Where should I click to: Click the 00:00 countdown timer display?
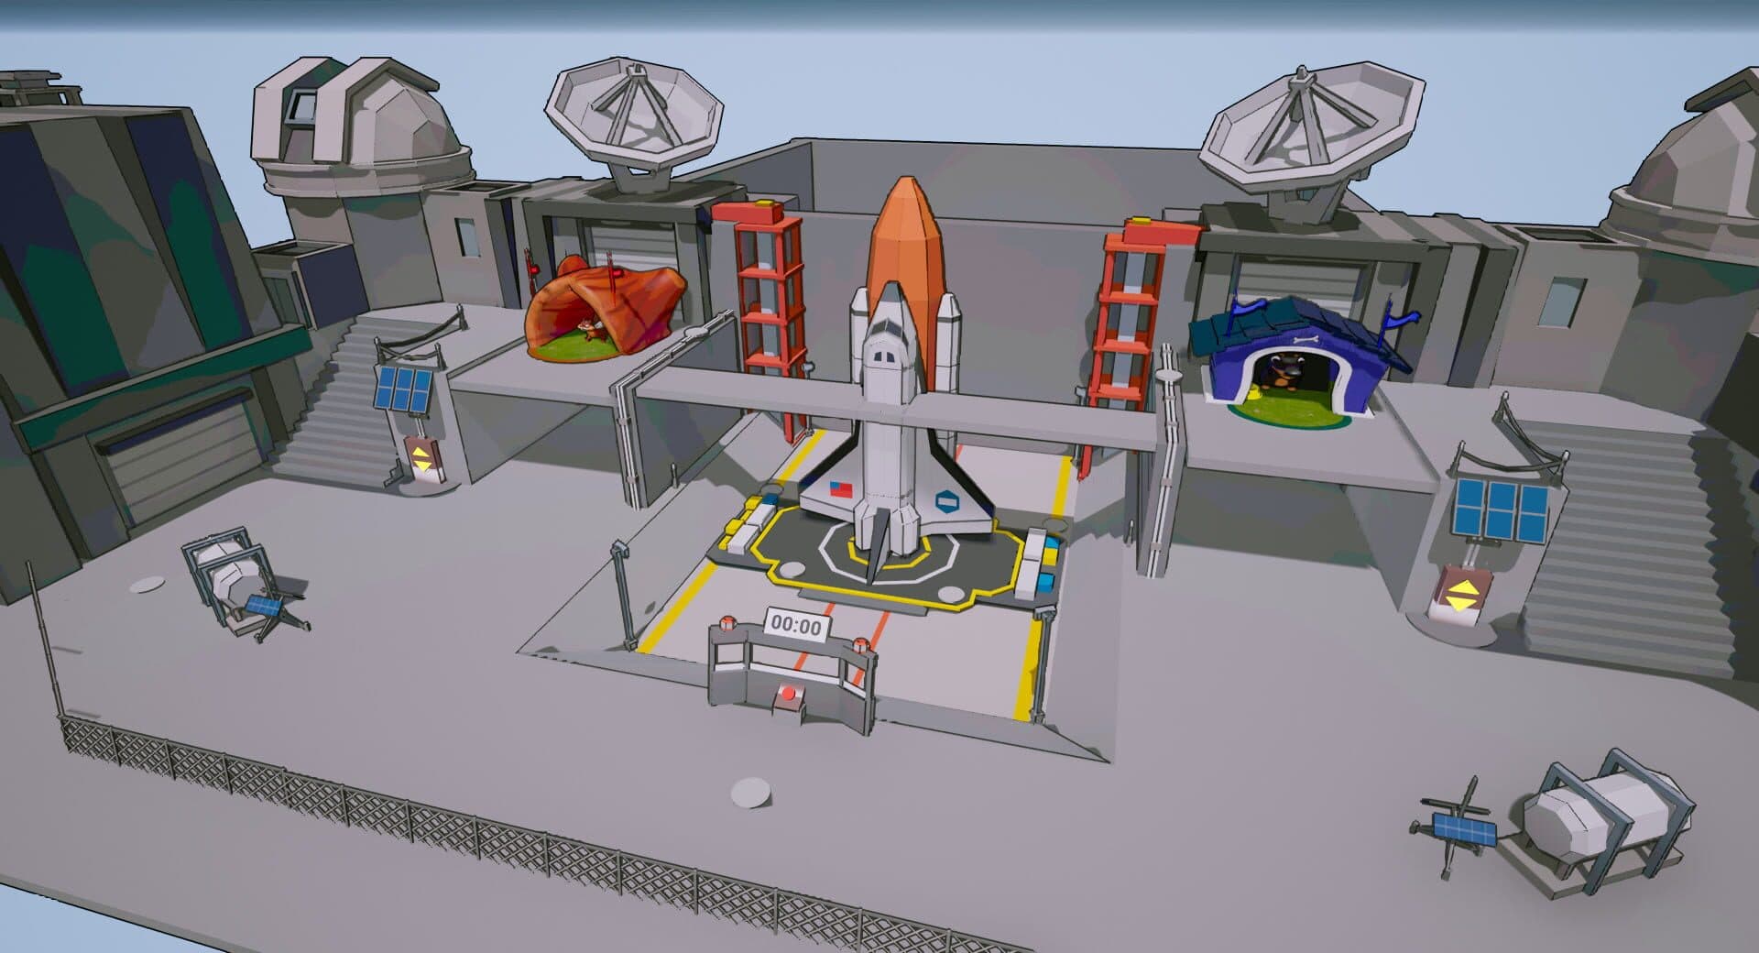point(797,626)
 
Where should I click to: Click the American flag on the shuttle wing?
point(839,487)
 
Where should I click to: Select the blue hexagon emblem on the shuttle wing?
point(946,500)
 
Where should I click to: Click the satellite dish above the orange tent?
point(634,119)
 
